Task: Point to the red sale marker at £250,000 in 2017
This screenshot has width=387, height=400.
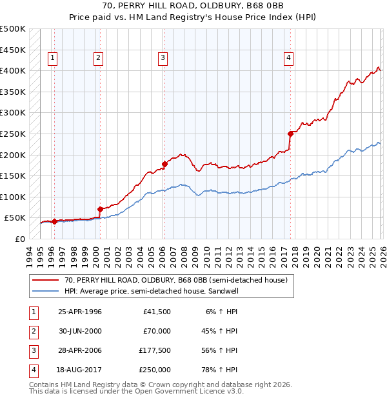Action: [290, 134]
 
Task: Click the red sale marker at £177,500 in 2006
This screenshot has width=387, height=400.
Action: [164, 164]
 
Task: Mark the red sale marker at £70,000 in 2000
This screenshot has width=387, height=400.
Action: [100, 209]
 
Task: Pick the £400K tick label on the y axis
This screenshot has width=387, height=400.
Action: [13, 70]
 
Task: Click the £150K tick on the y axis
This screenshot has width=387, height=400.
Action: [13, 175]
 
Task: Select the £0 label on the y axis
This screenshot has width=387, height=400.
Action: [19, 239]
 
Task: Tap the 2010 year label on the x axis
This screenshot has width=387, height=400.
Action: [207, 252]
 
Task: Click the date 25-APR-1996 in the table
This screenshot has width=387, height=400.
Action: [80, 312]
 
